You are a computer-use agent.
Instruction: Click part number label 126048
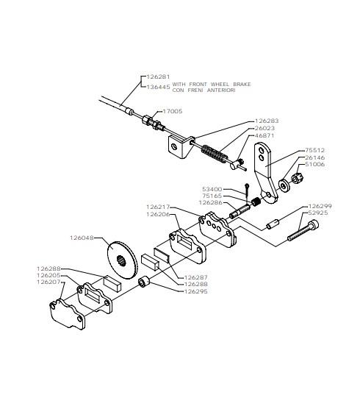tap(82, 238)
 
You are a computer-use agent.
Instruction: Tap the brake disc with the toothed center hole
tap(122, 260)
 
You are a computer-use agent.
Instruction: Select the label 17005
tap(173, 111)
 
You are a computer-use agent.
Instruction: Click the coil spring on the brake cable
tap(215, 154)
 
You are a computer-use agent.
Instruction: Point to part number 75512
tap(315, 150)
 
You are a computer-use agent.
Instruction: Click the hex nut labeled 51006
tap(297, 178)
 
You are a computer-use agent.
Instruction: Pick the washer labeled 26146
tap(284, 185)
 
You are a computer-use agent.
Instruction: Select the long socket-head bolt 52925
tap(303, 230)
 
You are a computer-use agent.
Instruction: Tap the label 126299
tap(320, 206)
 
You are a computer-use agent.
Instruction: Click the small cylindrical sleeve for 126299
tap(273, 224)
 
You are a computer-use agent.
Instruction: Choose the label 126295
tap(195, 291)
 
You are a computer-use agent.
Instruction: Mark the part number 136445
tap(158, 87)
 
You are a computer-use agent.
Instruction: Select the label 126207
tap(48, 282)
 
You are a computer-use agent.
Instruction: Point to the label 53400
tap(212, 189)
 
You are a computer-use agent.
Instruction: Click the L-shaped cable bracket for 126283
tap(181, 147)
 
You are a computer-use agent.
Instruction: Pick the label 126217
tap(158, 207)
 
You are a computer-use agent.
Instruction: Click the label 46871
tap(264, 136)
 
